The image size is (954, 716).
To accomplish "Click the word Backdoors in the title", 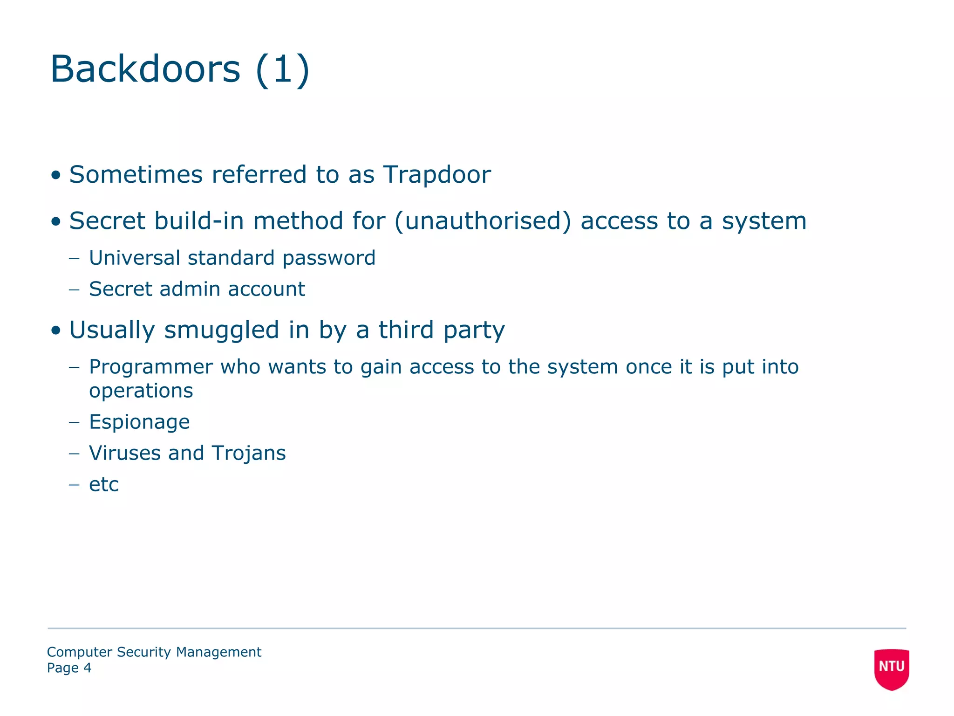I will (145, 69).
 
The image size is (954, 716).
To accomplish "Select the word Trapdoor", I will (437, 175).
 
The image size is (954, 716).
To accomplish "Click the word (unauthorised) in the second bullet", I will (483, 221).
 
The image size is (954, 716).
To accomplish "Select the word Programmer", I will (151, 367).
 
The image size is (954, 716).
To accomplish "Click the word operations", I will (141, 391).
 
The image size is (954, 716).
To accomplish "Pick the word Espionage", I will (139, 422).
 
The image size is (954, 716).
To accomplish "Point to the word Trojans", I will (249, 454).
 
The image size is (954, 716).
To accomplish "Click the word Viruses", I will (125, 453).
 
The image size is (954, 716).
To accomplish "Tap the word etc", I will (104, 484).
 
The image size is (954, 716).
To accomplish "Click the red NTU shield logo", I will (892, 668).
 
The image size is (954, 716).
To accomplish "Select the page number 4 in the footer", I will (87, 668).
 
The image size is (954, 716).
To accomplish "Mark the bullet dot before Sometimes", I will (56, 176).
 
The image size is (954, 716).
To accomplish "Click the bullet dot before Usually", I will (56, 331).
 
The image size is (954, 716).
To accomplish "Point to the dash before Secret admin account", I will (74, 289).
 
